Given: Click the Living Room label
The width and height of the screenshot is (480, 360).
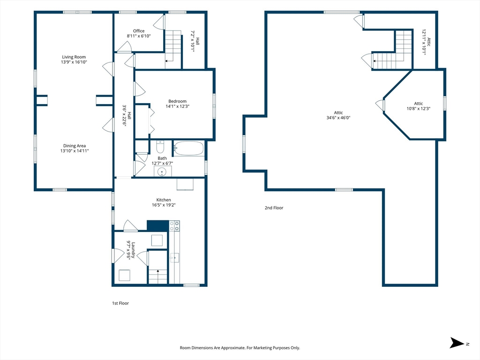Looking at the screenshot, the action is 74,57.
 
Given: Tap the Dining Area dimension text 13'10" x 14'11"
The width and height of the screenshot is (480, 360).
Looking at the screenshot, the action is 75,151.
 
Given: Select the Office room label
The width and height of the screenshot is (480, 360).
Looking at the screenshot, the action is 139,31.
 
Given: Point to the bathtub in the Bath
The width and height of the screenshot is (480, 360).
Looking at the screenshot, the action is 188,148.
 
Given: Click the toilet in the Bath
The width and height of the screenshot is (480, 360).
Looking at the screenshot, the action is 160,147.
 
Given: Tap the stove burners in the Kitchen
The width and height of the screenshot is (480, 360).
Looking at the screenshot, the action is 174,226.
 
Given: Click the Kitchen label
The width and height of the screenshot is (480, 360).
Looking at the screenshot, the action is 164,200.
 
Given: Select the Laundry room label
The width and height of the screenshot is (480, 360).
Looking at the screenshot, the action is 133,250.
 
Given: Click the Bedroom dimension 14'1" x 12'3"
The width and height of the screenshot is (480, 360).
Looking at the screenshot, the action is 178,106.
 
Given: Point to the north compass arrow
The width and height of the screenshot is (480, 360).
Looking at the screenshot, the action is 457,343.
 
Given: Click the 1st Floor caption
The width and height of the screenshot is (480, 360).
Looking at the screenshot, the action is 120,303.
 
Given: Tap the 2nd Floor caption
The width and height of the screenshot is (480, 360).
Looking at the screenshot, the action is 274,208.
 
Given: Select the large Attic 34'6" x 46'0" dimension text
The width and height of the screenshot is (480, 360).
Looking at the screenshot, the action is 338,118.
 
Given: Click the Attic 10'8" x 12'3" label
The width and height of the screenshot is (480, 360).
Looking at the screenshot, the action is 419,106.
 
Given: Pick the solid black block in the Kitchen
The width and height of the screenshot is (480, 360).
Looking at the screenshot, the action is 157,226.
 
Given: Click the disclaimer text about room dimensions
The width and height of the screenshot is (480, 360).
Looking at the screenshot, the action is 240,348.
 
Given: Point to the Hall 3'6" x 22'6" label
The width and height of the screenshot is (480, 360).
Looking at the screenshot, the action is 127,115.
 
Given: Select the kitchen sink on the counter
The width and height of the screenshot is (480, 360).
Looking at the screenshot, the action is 174,258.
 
